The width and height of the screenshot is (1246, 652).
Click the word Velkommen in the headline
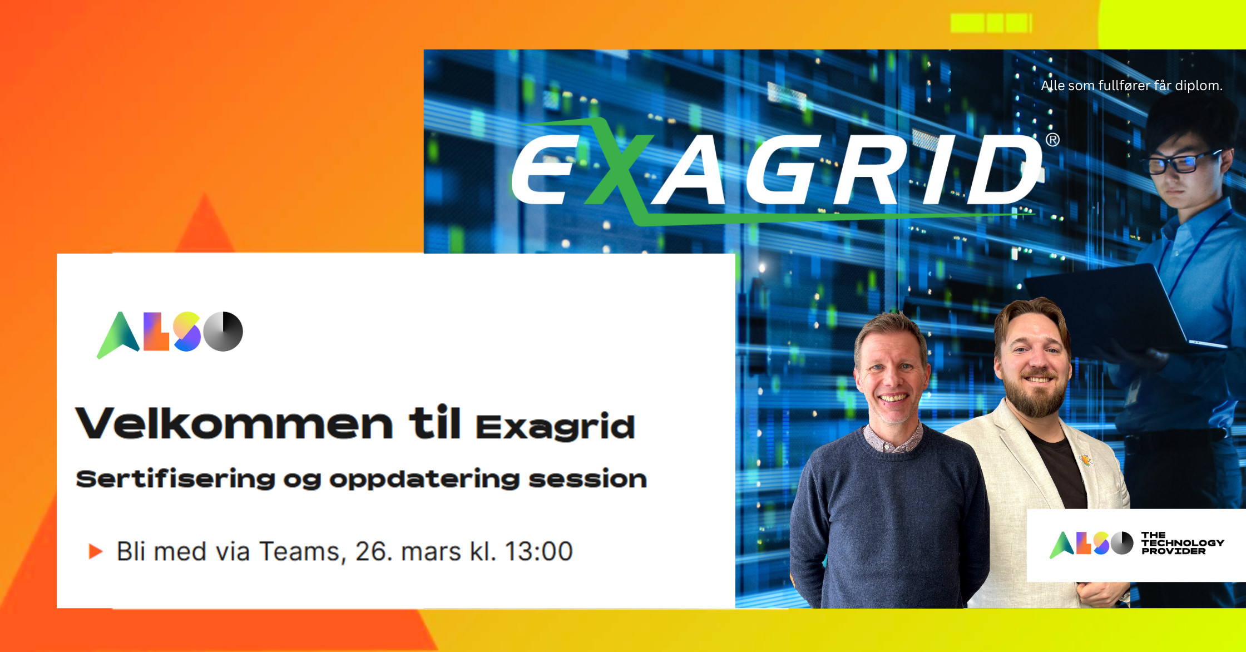point(234,424)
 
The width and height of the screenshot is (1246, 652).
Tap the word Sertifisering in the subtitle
point(175,480)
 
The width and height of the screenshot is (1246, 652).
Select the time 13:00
point(538,552)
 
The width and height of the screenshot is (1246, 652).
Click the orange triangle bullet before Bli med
point(96,551)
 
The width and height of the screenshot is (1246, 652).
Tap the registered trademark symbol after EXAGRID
point(1052,140)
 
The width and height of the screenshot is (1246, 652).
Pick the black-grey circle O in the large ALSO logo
point(223,332)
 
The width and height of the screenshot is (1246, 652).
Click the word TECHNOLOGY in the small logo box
point(1183,543)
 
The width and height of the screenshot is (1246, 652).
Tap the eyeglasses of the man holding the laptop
point(1179,161)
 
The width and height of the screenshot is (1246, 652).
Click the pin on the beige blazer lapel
point(1085,460)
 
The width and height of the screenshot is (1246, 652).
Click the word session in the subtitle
point(587,479)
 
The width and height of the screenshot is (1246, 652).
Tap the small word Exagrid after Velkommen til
point(555,427)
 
